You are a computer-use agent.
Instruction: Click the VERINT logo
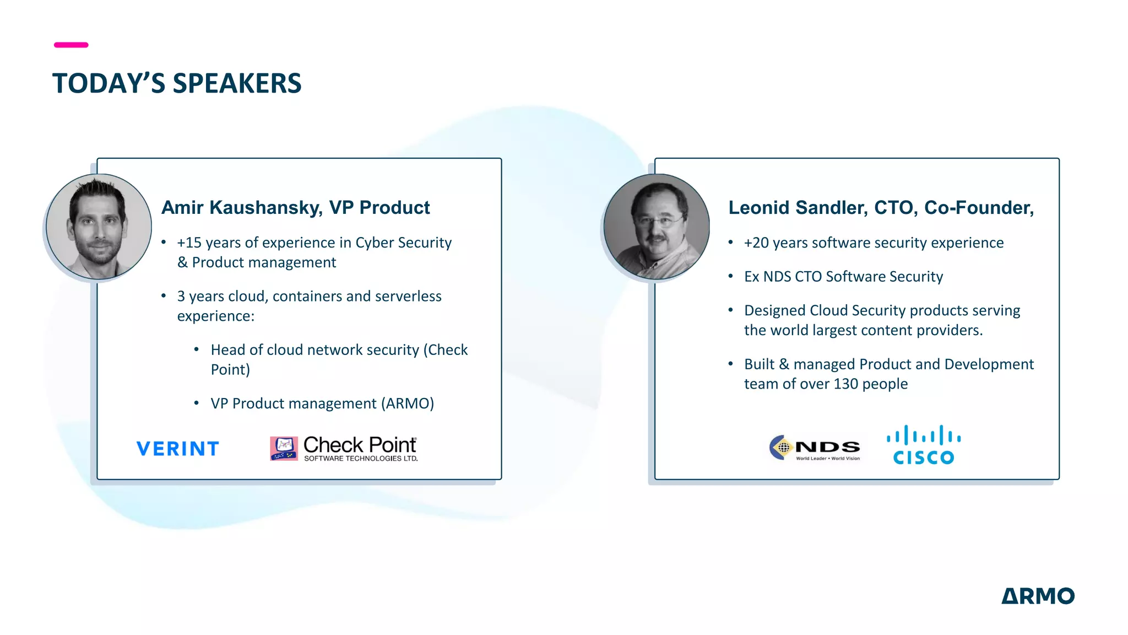click(x=177, y=449)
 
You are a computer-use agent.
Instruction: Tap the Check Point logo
click(x=344, y=448)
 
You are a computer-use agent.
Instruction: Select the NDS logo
click(x=815, y=448)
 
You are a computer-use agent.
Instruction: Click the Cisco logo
click(x=924, y=445)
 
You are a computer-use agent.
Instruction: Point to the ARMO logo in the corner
click(x=1038, y=596)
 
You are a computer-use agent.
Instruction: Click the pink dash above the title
click(x=71, y=45)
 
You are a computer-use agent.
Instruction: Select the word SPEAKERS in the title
click(x=237, y=84)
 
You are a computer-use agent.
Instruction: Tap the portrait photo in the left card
click(x=99, y=227)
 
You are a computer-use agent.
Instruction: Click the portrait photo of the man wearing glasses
click(x=657, y=227)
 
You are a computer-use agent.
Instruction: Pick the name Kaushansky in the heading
click(x=265, y=208)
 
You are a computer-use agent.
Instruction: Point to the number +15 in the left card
click(x=189, y=243)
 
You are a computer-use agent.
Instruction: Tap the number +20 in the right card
click(x=756, y=243)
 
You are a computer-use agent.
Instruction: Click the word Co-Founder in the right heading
click(x=979, y=208)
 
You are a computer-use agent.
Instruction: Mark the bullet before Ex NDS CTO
click(x=730, y=276)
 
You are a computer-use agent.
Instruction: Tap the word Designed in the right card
click(x=775, y=311)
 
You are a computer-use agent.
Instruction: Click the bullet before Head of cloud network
click(x=197, y=349)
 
